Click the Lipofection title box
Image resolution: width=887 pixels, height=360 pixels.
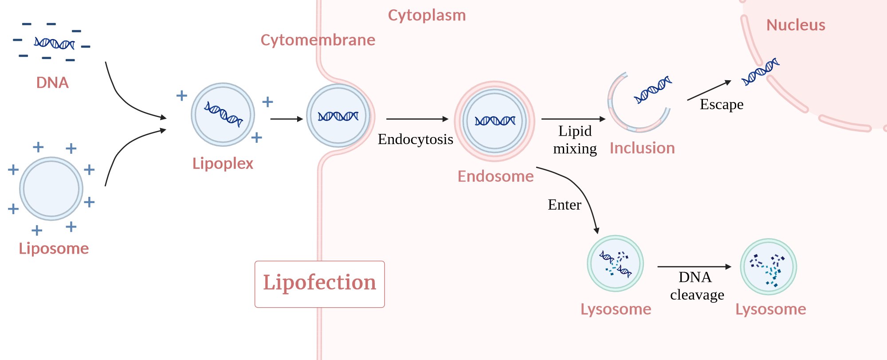tap(319, 284)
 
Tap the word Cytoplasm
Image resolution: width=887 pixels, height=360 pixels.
tap(427, 16)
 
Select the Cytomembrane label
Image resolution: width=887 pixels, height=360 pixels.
tap(318, 40)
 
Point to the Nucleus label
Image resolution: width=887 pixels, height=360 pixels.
tap(796, 25)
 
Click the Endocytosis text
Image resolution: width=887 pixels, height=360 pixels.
tap(415, 139)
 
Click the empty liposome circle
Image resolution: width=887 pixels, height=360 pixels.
tap(51, 188)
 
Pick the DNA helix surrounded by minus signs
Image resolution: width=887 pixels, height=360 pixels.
tap(54, 43)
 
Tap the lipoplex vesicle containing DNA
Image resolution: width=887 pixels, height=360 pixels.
tap(223, 114)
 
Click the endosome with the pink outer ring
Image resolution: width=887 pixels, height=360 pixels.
tap(495, 121)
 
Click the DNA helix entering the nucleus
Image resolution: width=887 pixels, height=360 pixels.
tap(760, 71)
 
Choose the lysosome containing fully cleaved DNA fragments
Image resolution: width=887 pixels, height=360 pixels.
tap(768, 267)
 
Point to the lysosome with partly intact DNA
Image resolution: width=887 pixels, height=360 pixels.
tap(615, 263)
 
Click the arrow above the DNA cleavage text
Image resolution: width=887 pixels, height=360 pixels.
tap(694, 266)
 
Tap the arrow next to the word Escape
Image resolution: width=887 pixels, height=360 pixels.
tap(709, 90)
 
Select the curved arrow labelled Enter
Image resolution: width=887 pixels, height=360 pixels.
tap(581, 191)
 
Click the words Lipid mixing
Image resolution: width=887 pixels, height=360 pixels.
tap(575, 140)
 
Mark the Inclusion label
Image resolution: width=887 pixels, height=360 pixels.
tap(642, 148)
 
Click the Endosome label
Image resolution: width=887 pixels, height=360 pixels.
tap(495, 176)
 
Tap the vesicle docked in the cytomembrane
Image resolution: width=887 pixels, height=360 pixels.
tap(338, 116)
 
